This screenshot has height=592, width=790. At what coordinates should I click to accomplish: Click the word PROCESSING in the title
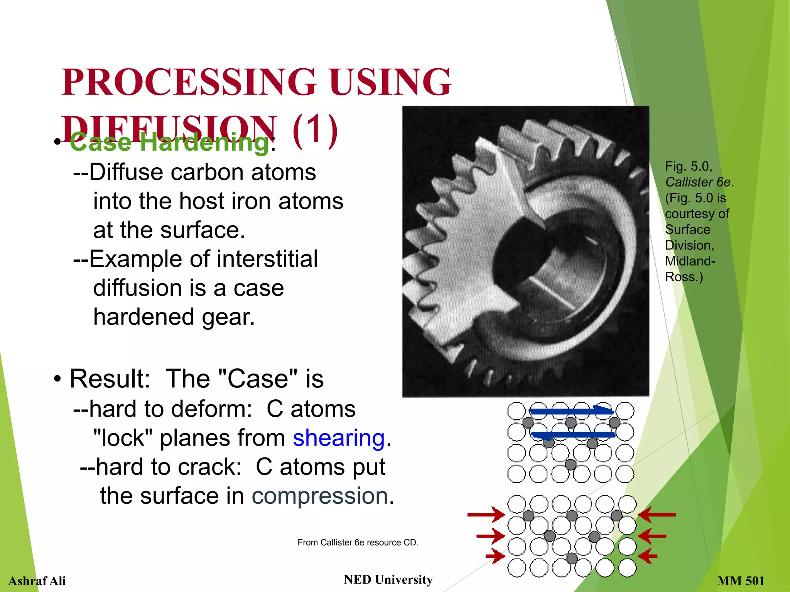point(188,82)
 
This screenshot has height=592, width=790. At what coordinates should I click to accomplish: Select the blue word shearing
point(339,438)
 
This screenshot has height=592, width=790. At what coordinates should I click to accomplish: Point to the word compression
point(320,496)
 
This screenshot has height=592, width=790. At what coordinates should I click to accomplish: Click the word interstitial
point(262,259)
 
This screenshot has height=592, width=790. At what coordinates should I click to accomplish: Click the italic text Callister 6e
point(698,182)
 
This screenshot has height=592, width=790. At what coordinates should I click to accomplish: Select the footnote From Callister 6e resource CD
point(358,542)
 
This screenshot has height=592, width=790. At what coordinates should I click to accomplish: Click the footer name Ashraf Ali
point(37,580)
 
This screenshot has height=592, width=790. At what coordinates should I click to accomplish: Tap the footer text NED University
point(388,579)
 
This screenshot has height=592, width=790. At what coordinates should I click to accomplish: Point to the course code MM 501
point(741,580)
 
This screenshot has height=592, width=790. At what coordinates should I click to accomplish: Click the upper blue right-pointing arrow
point(571,411)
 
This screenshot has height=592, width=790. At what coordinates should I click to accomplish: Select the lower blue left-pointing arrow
point(572,435)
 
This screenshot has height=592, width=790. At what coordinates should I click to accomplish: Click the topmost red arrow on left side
point(486,515)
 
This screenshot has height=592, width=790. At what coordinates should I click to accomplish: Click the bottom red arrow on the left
point(495,556)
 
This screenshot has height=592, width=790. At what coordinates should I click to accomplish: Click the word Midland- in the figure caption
point(690,261)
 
